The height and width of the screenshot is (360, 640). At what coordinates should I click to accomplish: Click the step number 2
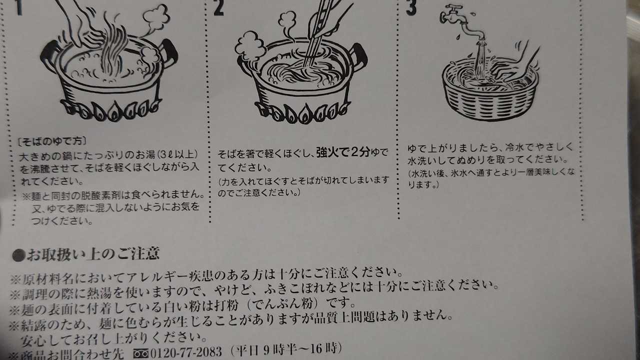[x=218, y=8]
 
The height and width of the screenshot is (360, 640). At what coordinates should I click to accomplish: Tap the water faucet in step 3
[x=462, y=22]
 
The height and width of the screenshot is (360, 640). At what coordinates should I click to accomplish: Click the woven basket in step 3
[x=490, y=91]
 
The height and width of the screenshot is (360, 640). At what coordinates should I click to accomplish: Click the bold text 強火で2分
[x=343, y=152]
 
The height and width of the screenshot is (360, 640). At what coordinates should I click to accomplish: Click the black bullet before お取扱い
[x=19, y=255]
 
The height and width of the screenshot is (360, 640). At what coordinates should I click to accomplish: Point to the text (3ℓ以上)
[x=176, y=155]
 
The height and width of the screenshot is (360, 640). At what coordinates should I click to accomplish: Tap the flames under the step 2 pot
[x=302, y=112]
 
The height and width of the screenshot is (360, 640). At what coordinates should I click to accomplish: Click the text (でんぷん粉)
[x=283, y=304]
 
